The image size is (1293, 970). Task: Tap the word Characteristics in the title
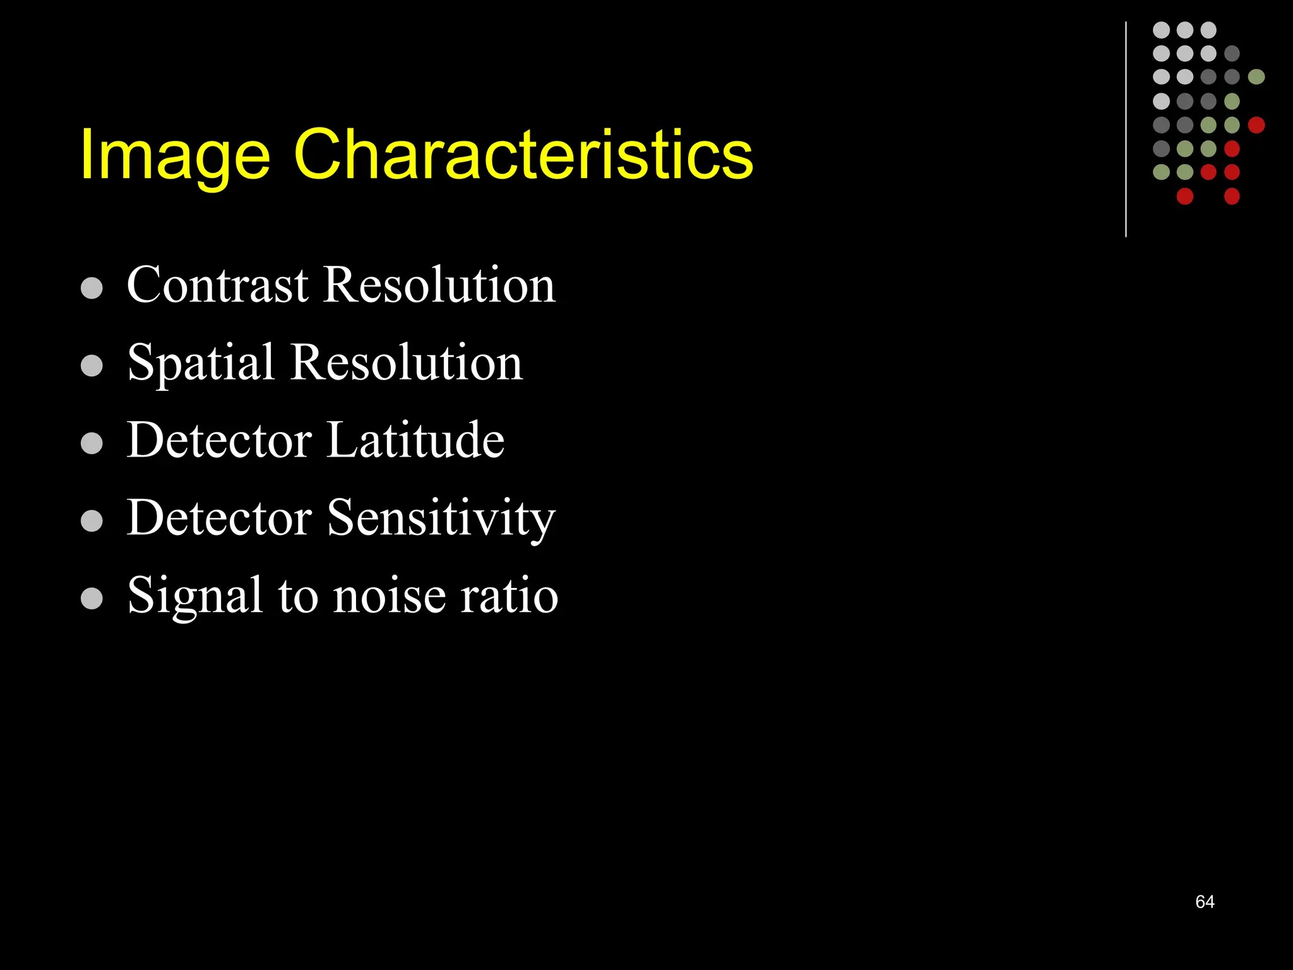pos(523,155)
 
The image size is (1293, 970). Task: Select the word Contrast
pos(218,285)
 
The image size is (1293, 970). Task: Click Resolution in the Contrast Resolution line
pos(439,285)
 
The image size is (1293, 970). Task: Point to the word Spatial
pos(201,364)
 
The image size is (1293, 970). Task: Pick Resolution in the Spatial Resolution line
pos(407,362)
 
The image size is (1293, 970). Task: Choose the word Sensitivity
pos(441,518)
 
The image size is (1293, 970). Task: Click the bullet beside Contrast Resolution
pos(92,288)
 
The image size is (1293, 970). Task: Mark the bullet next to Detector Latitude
pos(92,443)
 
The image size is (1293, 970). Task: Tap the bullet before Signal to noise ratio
pos(92,599)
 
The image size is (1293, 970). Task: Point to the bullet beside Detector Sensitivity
pos(92,521)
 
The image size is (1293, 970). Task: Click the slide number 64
pos(1205,902)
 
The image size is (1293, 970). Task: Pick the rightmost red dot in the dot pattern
pos(1256,125)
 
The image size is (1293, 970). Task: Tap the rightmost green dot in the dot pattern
pos(1256,77)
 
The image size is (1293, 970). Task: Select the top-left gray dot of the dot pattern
pos(1161,30)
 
